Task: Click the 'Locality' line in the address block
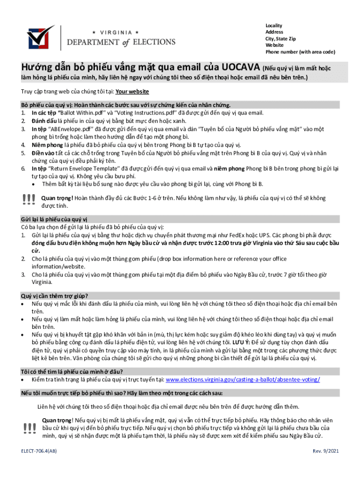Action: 274,25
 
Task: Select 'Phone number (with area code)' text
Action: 300,51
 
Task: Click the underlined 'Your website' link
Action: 132,92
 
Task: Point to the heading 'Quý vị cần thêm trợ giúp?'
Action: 54,296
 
